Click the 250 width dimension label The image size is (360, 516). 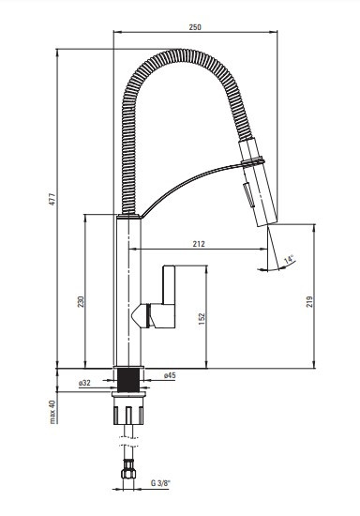click(195, 27)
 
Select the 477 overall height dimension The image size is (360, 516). click(52, 199)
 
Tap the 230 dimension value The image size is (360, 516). click(81, 301)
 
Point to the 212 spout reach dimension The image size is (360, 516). click(199, 244)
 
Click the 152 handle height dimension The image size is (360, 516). click(202, 319)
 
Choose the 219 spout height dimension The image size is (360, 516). click(309, 301)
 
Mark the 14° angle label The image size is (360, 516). click(289, 259)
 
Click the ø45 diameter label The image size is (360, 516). click(170, 375)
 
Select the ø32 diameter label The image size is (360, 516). click(84, 383)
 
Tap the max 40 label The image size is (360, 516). click(52, 412)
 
